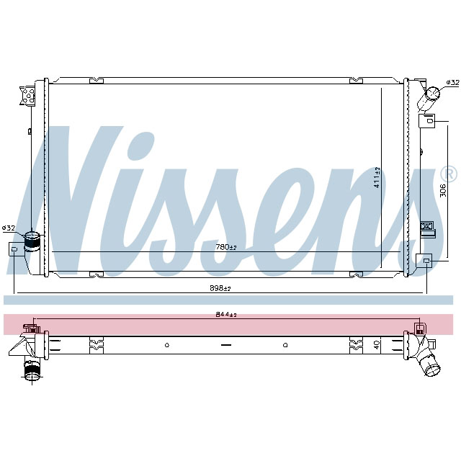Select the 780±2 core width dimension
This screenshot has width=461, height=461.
point(225,247)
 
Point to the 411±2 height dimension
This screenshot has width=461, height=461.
point(377,176)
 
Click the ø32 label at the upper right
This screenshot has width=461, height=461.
point(452,83)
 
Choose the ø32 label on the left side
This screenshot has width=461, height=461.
point(9,228)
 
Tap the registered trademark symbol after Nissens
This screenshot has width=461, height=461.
point(447,174)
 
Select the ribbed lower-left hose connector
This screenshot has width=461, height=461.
point(33,240)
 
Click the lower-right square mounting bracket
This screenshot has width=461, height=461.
point(425,261)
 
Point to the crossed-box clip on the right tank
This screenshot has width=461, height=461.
point(426,228)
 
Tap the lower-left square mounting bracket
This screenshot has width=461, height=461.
point(15,249)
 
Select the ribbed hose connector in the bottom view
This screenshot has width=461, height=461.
point(32,372)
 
